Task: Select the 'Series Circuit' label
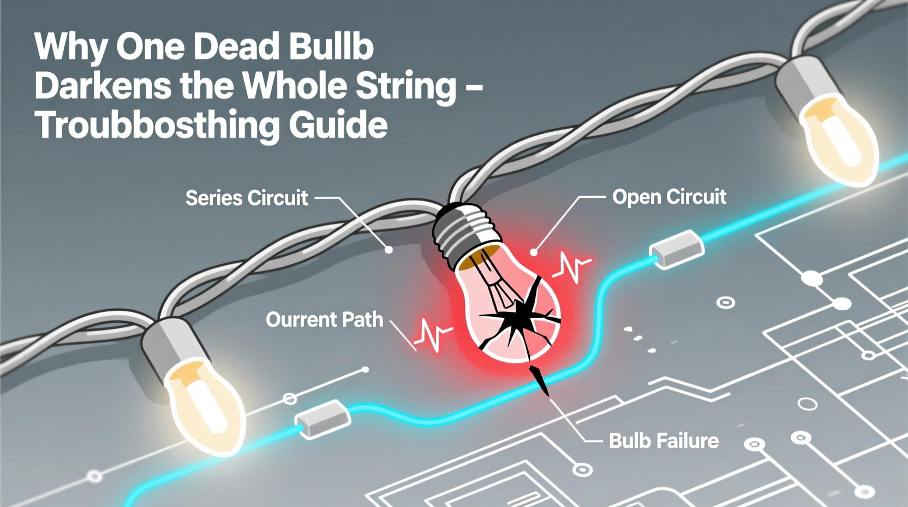[x=247, y=198]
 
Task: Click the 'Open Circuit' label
[x=669, y=197]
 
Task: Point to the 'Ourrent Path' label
[x=324, y=320]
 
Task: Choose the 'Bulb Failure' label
[x=664, y=440]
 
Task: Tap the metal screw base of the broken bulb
[x=465, y=232]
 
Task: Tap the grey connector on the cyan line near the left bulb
[x=323, y=420]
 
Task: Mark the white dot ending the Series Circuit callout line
[x=389, y=250]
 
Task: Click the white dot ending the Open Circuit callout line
[x=534, y=252]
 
